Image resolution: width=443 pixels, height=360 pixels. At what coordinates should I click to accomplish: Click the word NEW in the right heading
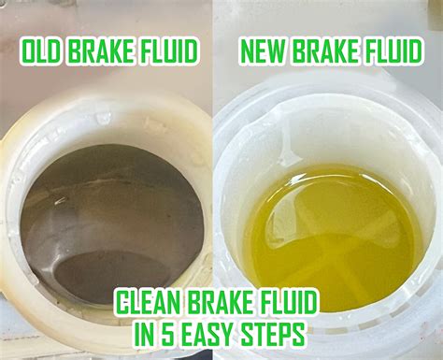tap(264, 52)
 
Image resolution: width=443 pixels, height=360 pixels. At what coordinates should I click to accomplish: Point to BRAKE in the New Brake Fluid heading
tap(323, 52)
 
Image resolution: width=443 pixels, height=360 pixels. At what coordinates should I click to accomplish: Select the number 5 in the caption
tap(164, 333)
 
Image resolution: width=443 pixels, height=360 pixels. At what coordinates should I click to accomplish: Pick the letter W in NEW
tap(277, 52)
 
